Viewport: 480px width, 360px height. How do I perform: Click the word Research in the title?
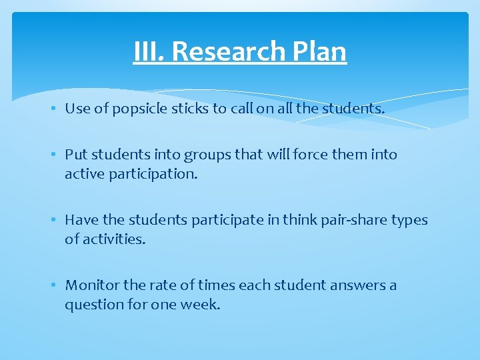(233, 51)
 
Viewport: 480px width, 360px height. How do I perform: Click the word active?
(83, 173)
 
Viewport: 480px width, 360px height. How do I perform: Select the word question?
(93, 305)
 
